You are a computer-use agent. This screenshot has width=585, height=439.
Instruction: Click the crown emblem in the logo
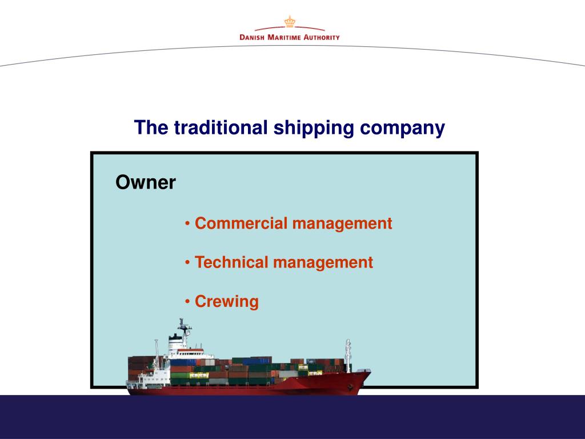click(x=289, y=22)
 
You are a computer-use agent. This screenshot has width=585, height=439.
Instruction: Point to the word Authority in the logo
click(x=321, y=37)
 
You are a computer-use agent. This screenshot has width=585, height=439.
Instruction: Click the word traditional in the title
click(x=221, y=127)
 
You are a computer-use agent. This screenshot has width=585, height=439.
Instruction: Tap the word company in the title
click(x=402, y=128)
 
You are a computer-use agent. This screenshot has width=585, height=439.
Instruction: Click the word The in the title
click(x=151, y=127)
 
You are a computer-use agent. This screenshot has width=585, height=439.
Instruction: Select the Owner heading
click(x=145, y=183)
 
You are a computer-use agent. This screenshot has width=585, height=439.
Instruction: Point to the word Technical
click(x=231, y=262)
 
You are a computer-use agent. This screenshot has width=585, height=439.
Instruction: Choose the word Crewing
click(x=226, y=301)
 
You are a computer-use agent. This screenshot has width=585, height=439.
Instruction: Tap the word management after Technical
click(x=323, y=262)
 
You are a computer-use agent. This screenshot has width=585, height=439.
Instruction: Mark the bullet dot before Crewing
click(x=188, y=301)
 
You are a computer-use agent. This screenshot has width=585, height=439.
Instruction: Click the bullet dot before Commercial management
click(x=188, y=224)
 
